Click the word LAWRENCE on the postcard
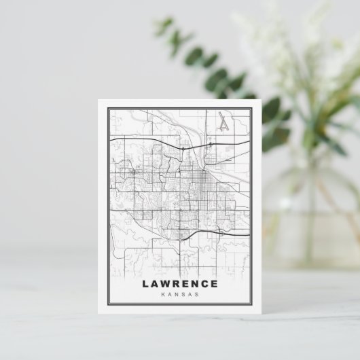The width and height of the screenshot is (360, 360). (x=180, y=284)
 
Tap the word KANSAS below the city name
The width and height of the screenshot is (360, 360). (x=180, y=294)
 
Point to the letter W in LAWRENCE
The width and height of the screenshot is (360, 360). (x=165, y=284)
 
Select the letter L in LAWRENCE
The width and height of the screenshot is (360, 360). (x=145, y=284)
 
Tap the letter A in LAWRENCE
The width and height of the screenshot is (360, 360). (x=154, y=284)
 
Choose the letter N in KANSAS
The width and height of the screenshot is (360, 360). (x=177, y=294)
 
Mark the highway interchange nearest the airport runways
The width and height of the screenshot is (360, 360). (x=211, y=144)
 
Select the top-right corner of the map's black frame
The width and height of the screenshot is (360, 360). (x=252, y=109)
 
